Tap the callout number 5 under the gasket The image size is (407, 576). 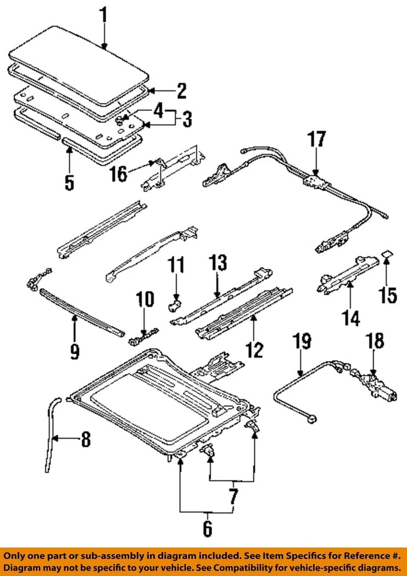point(70,181)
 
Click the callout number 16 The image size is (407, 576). point(118,174)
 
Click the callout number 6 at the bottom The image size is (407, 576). point(207,528)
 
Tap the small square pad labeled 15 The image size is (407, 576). point(386,257)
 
